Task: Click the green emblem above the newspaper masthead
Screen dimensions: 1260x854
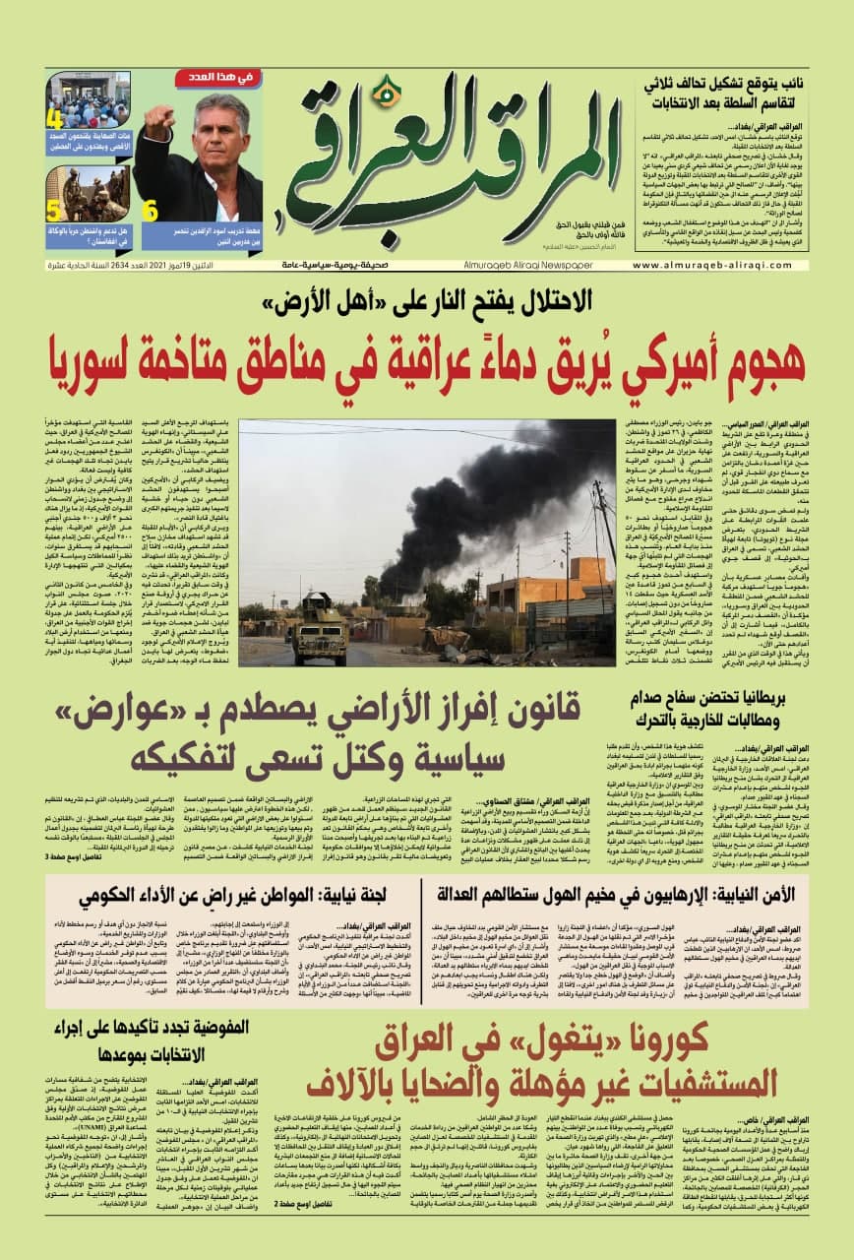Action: [389, 92]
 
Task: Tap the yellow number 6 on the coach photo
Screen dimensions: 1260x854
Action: [151, 211]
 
